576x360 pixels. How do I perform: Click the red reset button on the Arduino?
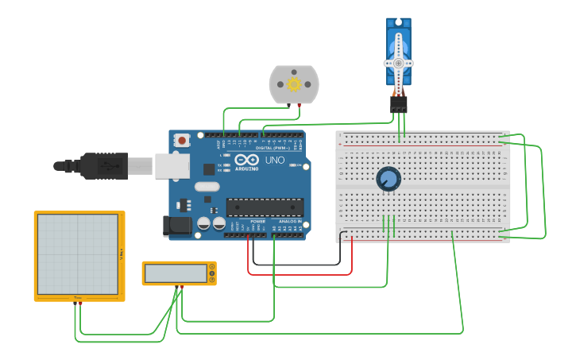182,141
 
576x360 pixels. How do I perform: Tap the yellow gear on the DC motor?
294,84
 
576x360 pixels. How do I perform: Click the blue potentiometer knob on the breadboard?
389,179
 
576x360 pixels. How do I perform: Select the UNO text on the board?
274,161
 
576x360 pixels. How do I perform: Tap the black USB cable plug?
103,166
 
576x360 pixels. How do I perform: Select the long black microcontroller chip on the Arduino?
265,207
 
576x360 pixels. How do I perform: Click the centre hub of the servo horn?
398,63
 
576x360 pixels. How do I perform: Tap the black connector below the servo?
399,104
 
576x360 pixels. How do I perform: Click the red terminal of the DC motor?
299,104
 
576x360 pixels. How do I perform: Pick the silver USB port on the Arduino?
172,165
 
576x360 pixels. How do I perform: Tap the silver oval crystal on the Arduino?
205,187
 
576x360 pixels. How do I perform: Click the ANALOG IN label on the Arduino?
289,221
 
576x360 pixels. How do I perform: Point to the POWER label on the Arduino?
257,221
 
